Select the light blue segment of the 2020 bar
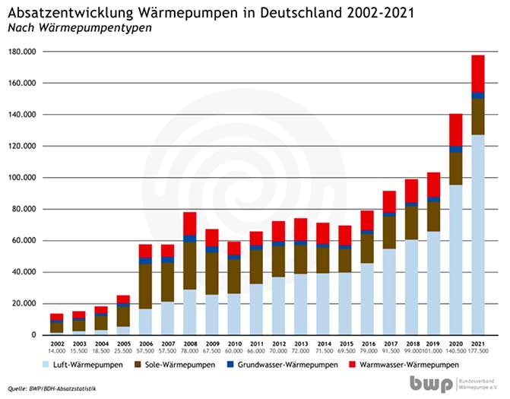[x=455, y=259]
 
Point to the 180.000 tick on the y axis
[x=24, y=52]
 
